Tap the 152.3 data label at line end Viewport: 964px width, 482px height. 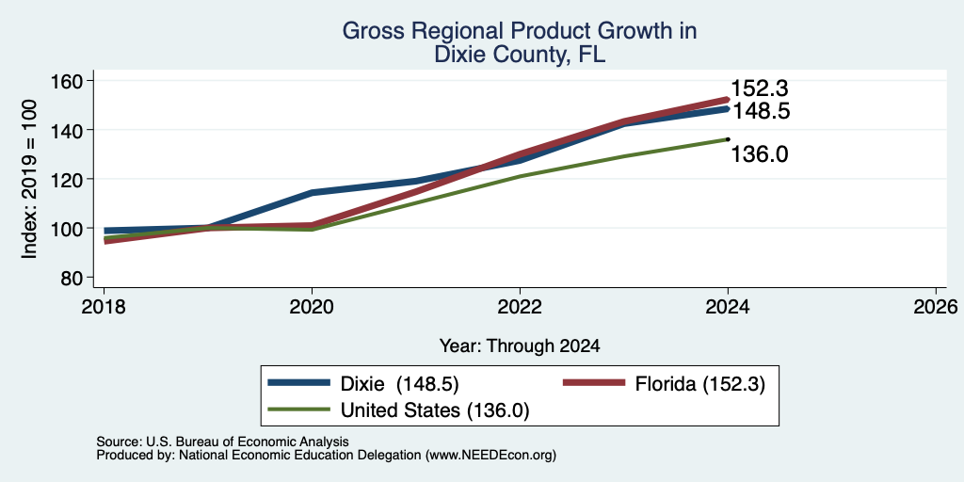[x=760, y=89]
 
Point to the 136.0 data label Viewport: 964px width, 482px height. [x=760, y=154]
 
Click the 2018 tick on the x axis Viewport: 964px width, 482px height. [x=104, y=307]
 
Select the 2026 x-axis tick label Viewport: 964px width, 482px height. [x=936, y=307]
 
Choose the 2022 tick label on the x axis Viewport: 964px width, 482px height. [x=520, y=307]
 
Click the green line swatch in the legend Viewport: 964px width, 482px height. [x=298, y=410]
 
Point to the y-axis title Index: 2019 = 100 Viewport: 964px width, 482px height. [x=29, y=180]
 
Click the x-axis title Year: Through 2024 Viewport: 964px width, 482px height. [x=520, y=346]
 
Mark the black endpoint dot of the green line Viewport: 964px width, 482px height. [x=728, y=139]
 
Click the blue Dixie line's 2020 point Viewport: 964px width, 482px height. [x=312, y=192]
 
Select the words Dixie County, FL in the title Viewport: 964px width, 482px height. [x=520, y=55]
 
